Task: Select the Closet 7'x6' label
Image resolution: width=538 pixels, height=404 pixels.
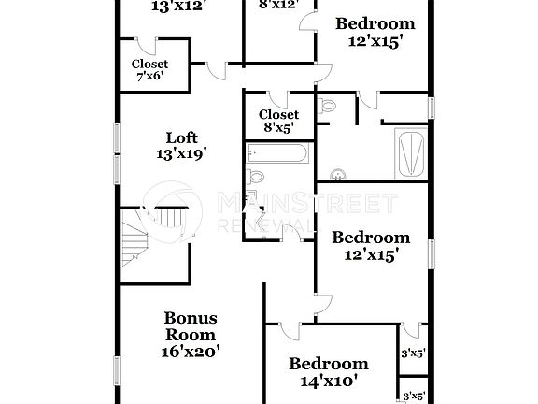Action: click(149, 69)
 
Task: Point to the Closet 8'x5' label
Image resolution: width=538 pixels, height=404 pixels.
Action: click(279, 121)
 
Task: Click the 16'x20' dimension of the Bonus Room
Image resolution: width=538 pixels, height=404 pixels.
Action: click(190, 352)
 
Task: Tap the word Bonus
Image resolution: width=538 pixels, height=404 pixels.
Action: click(190, 317)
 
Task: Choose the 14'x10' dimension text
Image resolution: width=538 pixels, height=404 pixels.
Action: click(328, 381)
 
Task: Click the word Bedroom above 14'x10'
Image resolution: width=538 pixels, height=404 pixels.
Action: click(328, 364)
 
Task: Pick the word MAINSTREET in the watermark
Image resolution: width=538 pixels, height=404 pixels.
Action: click(307, 203)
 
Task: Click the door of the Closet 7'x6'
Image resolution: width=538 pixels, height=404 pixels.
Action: click(216, 71)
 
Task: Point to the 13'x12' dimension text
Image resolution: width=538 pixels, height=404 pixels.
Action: click(177, 5)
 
